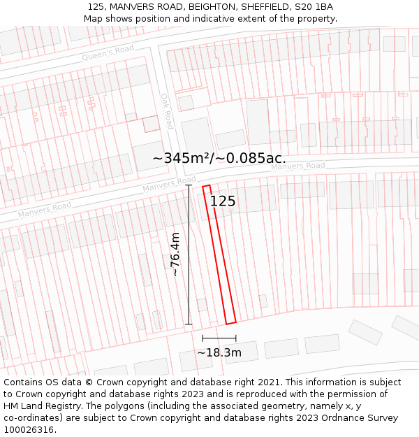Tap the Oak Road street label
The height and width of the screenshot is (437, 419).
166,111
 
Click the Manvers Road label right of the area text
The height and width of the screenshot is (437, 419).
297,166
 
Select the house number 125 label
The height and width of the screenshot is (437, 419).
223,201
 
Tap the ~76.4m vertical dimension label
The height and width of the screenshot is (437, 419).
176,255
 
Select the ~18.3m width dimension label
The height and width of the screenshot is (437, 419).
219,352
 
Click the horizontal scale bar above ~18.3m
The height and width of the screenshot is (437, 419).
219,339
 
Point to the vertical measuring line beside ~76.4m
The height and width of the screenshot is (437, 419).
189,255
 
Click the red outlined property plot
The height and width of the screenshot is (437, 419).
219,255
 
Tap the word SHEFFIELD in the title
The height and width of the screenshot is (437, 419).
263,7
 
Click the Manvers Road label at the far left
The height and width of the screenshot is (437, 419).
45,209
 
